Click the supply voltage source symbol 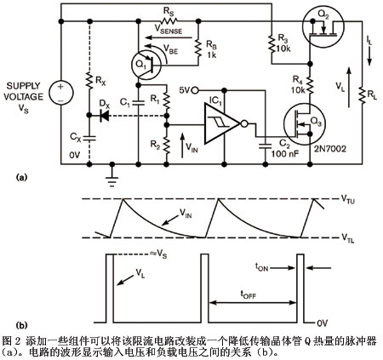[x=61, y=93]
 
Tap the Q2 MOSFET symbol [x=323, y=27]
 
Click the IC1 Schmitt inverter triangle [x=222, y=123]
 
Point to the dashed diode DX [x=105, y=116]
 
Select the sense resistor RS [x=169, y=20]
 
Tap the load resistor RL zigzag [x=362, y=95]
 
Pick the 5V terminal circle [x=195, y=91]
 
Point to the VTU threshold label [x=348, y=200]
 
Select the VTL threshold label [x=347, y=238]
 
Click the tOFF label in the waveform [x=249, y=294]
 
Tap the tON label [x=261, y=267]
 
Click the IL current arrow [x=369, y=57]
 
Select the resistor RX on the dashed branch [x=89, y=81]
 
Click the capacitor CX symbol [x=89, y=138]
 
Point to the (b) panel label [x=21, y=325]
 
